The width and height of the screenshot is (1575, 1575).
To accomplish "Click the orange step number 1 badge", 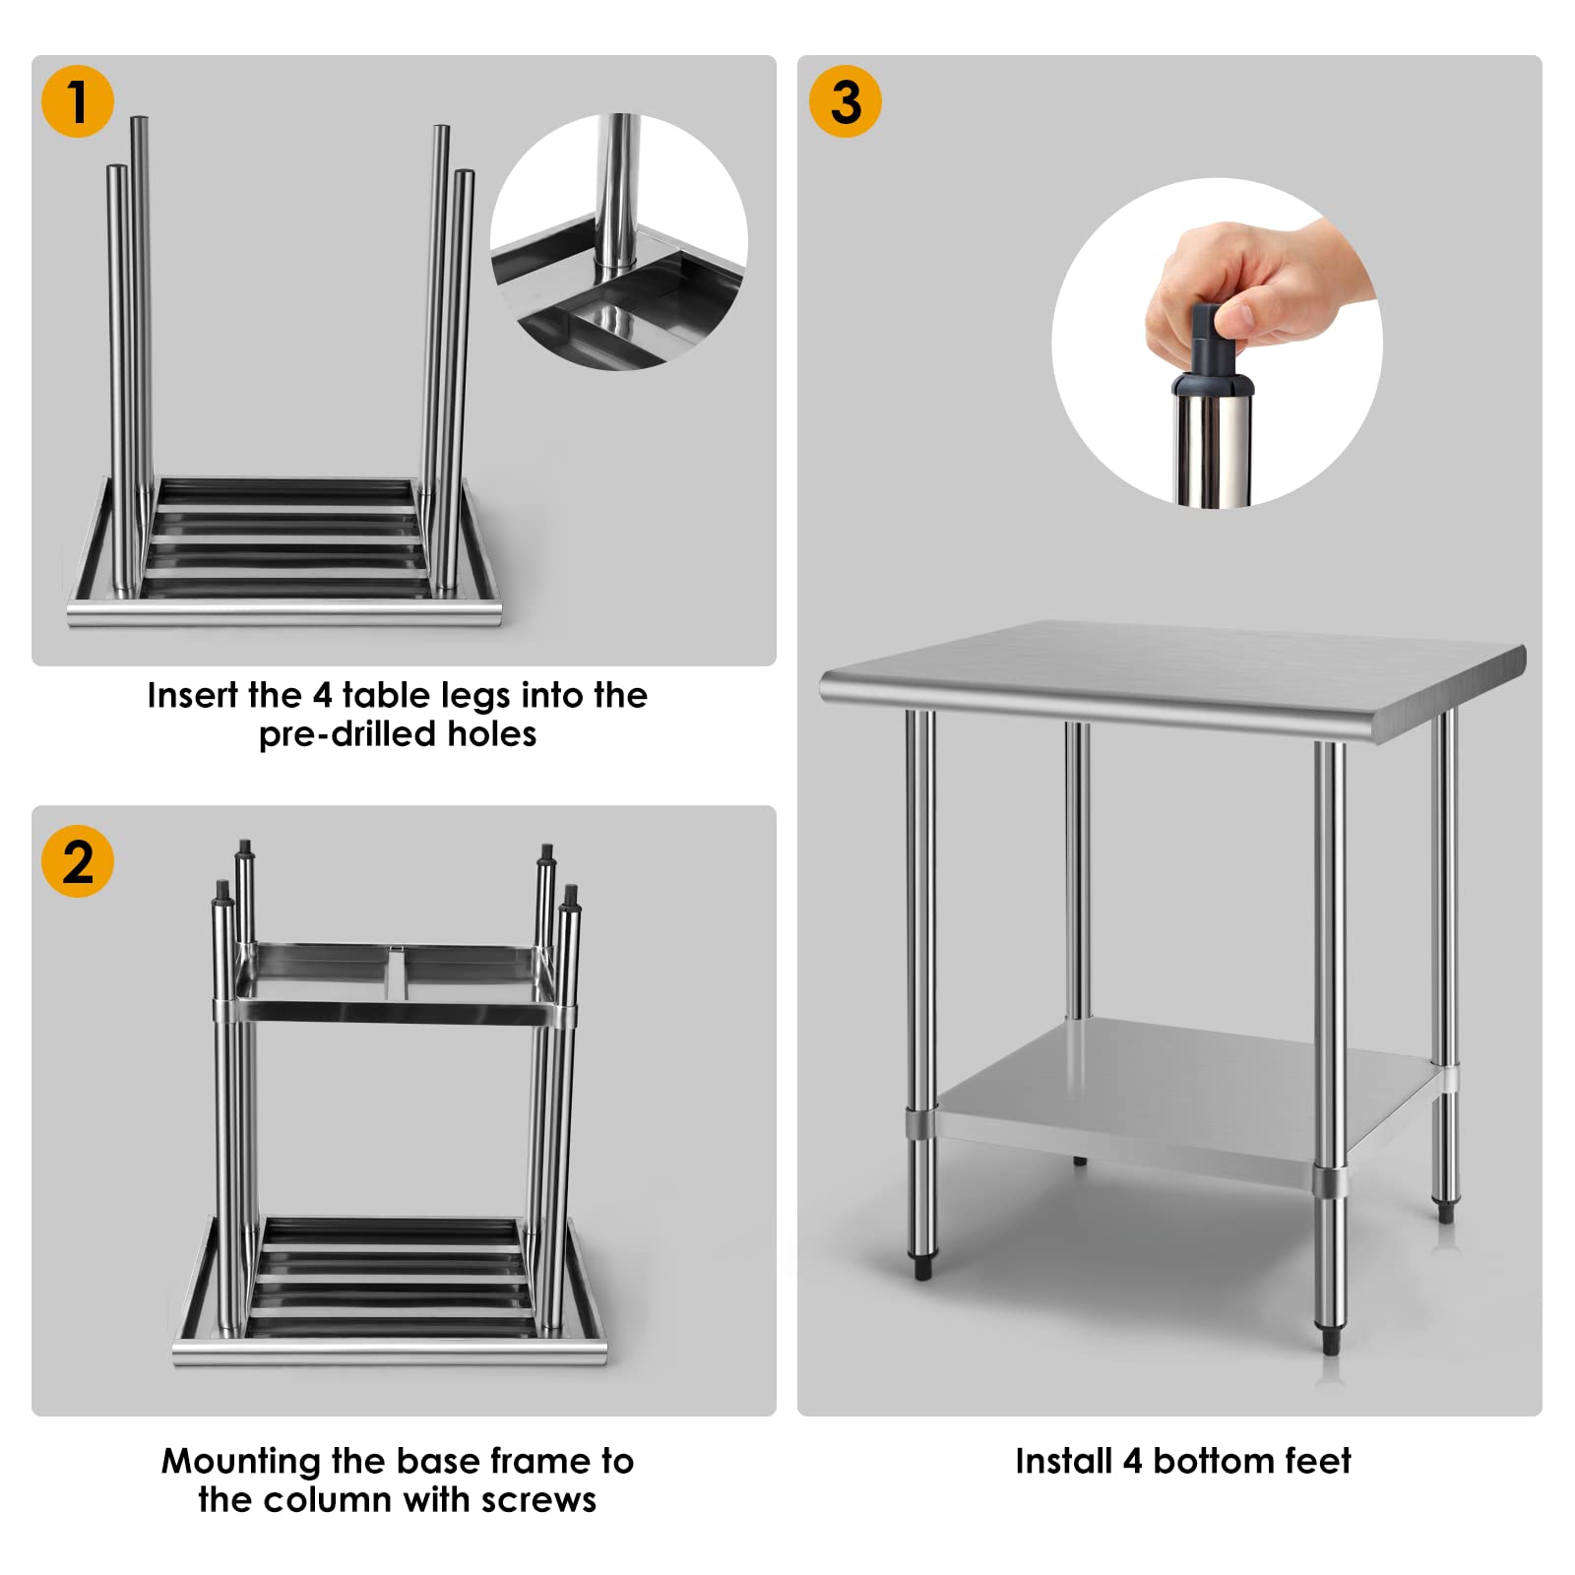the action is coord(78,101).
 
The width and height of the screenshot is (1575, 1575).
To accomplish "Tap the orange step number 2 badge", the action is coord(78,861).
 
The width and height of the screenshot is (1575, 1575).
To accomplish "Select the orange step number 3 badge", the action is coord(845,101).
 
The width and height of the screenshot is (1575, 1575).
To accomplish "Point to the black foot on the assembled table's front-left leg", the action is coord(922,1268).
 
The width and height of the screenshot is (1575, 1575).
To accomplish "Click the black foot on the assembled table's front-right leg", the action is coord(1331,1341).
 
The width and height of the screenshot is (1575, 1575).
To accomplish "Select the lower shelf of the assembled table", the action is coord(1181,1093).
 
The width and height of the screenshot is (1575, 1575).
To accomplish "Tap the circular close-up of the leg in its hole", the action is coord(618,242).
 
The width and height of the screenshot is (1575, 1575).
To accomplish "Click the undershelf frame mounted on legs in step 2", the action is coord(394,984).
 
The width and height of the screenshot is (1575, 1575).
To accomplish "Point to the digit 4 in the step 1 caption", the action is coord(322,696).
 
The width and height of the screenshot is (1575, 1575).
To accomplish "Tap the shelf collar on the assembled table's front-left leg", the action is coord(921,1123).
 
